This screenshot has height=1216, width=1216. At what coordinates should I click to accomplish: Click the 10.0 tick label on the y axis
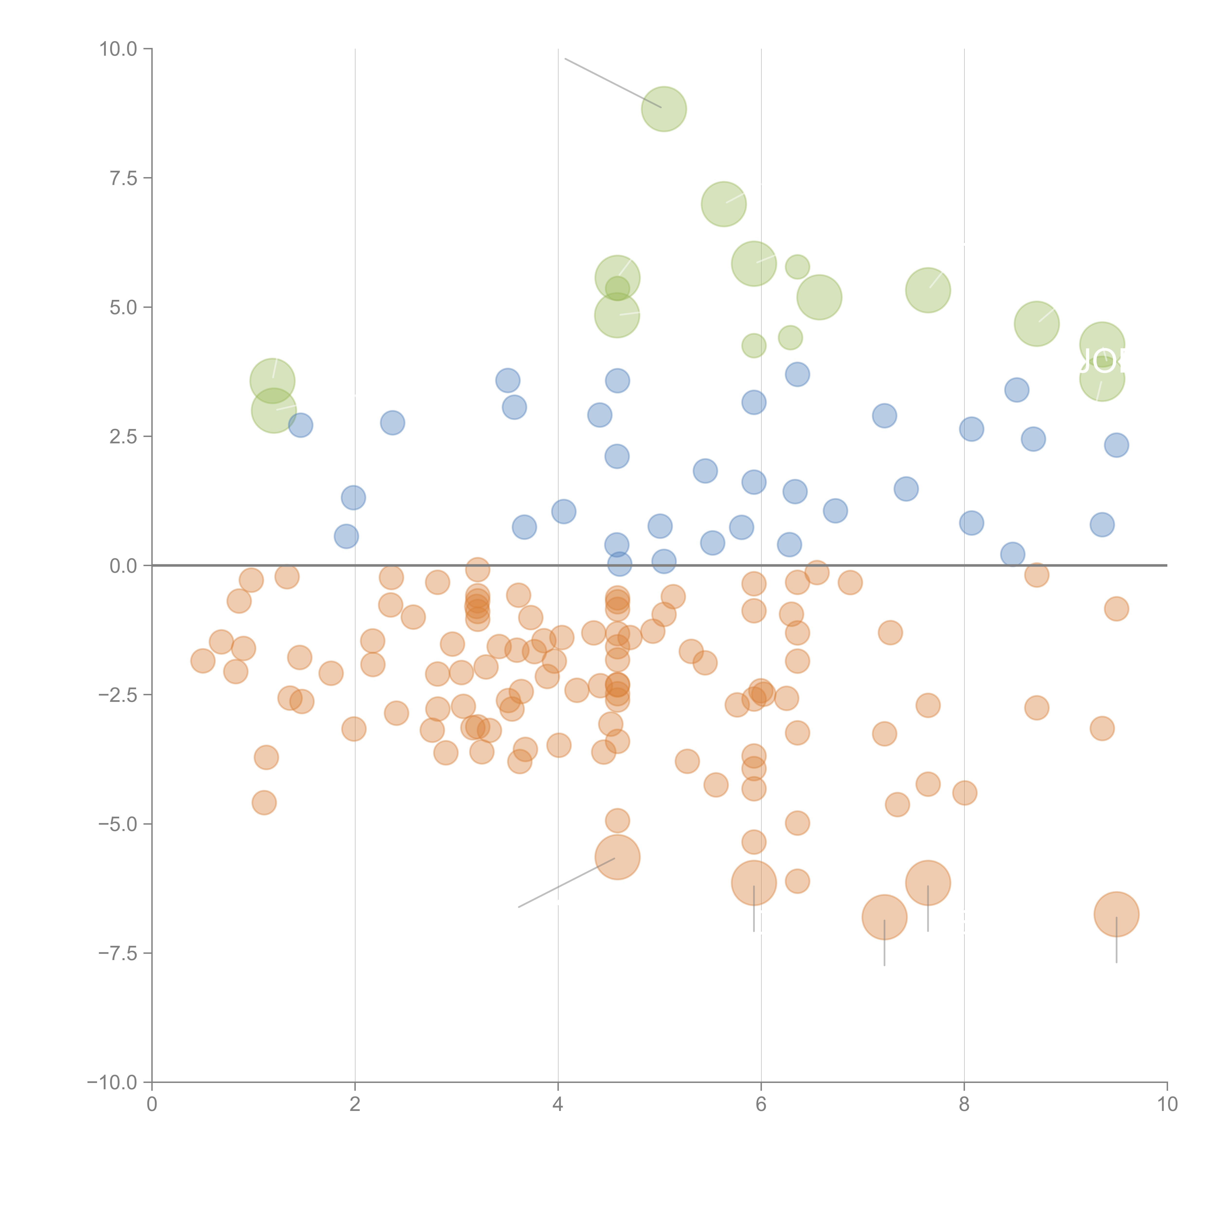point(118,49)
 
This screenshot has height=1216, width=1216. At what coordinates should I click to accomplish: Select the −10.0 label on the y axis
point(112,1082)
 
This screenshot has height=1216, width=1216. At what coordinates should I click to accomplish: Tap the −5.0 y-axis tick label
point(117,824)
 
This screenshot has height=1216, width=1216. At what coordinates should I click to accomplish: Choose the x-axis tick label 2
point(355,1105)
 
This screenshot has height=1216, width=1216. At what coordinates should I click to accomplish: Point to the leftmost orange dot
point(203,661)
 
